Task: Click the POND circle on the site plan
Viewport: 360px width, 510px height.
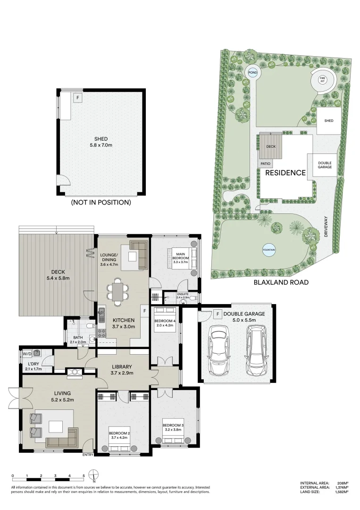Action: point(253,72)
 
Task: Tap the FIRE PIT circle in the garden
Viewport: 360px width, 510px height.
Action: point(323,80)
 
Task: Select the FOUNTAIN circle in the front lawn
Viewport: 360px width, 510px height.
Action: point(269,250)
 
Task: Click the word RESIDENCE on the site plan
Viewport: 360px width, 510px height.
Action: point(285,173)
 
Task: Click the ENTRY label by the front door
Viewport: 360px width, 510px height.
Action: point(88,455)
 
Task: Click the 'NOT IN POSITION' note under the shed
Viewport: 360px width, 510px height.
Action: point(100,202)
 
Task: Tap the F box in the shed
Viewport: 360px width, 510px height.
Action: point(77,98)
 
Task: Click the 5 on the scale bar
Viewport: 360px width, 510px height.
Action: point(84,476)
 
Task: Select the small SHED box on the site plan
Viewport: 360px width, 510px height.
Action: point(328,121)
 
